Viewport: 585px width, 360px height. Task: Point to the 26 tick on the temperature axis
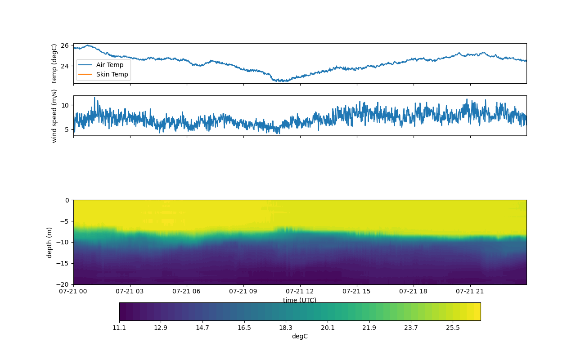pyautogui.click(x=65, y=45)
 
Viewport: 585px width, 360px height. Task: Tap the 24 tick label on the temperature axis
pyautogui.click(x=65, y=66)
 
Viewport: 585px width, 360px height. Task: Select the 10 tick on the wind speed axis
pyautogui.click(x=65, y=105)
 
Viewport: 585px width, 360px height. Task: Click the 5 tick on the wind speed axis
pyautogui.click(x=67, y=130)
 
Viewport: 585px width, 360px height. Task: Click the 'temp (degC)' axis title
pyautogui.click(x=54, y=63)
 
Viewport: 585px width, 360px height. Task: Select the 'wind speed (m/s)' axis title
pyautogui.click(x=54, y=116)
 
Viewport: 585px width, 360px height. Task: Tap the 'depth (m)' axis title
pyautogui.click(x=49, y=243)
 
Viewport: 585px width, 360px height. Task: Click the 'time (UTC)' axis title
pyautogui.click(x=300, y=300)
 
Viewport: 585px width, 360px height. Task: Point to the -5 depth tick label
pyautogui.click(x=64, y=221)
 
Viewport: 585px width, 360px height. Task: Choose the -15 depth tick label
pyautogui.click(x=63, y=263)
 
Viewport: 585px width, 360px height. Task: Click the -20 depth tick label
pyautogui.click(x=63, y=284)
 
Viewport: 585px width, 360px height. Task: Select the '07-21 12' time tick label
pyautogui.click(x=300, y=291)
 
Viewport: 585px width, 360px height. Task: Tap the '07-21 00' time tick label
pyautogui.click(x=73, y=291)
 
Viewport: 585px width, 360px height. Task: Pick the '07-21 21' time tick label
pyautogui.click(x=470, y=291)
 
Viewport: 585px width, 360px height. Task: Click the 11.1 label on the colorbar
pyautogui.click(x=119, y=328)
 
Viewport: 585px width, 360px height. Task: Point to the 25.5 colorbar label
pyautogui.click(x=453, y=328)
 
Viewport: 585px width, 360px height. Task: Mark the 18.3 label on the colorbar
pyautogui.click(x=286, y=328)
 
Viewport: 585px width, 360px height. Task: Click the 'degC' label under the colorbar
pyautogui.click(x=300, y=336)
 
